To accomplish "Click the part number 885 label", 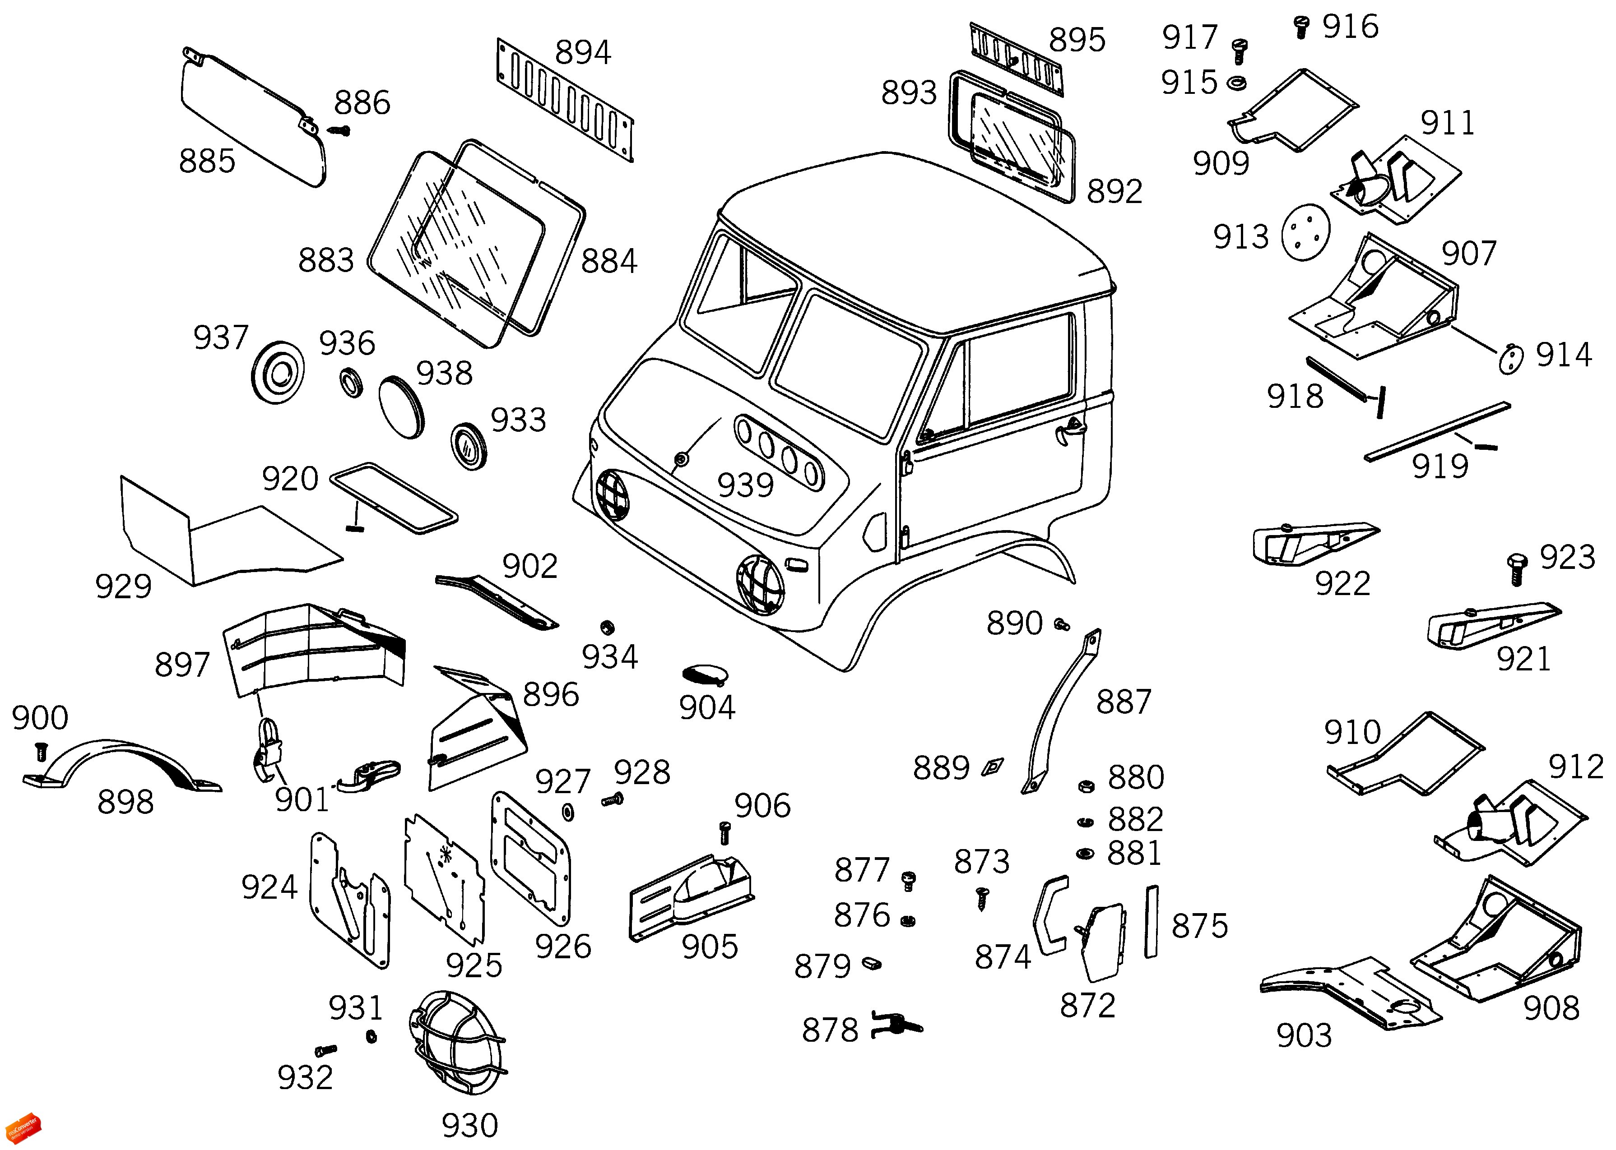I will tap(207, 162).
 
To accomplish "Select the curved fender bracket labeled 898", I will tap(121, 765).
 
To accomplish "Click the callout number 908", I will tap(1551, 1008).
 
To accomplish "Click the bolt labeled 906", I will tap(724, 831).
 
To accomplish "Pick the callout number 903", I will tap(1304, 1036).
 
